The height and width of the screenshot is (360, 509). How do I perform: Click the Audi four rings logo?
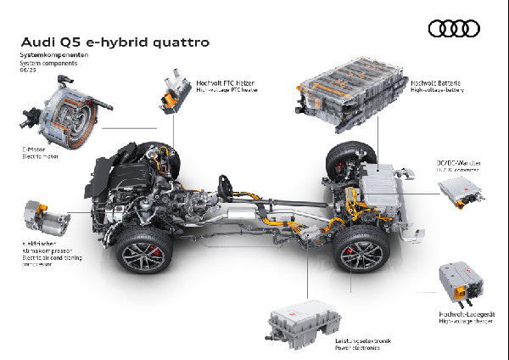(x=455, y=30)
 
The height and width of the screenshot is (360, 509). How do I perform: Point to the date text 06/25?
(x=29, y=70)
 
